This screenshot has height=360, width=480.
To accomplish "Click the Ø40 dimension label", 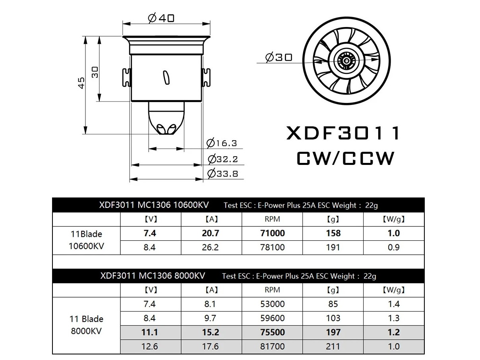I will coord(161,18).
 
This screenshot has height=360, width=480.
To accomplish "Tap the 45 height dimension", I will coord(81,83).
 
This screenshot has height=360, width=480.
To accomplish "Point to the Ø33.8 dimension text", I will coord(223,173).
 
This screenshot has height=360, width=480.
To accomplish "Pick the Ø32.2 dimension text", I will coord(223,159).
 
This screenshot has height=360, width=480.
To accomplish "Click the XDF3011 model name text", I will coord(343,134).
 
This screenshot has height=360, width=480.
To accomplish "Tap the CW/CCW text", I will coord(345,159).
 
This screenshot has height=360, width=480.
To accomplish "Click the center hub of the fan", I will coord(346,61).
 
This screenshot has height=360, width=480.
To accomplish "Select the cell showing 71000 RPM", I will coord(272,233).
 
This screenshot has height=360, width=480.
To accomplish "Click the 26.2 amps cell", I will coord(210,247).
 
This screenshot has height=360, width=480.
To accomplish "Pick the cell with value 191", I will coord(333,247).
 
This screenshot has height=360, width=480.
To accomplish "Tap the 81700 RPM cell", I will coord(272,346).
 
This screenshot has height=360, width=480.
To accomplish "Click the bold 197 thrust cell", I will coord(333,332).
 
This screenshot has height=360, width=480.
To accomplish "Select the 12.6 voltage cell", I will coord(150,346).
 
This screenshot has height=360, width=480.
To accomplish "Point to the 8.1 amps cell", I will coord(210,304).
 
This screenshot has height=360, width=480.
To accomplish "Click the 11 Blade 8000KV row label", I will coord(86,325).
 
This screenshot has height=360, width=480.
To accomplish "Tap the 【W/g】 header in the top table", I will coord(393,219).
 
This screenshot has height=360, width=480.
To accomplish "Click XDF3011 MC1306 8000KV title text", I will coord(153,276).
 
